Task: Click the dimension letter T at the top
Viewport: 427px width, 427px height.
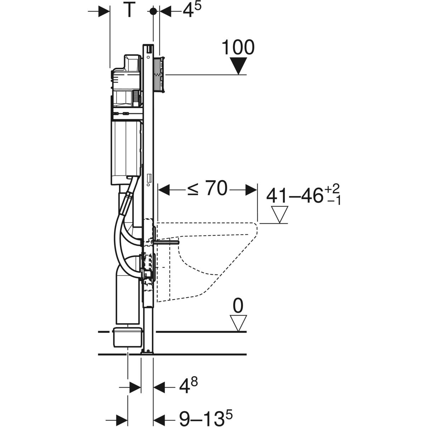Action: [128, 10]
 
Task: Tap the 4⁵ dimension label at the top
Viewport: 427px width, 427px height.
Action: [192, 10]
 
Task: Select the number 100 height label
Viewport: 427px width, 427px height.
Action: [238, 47]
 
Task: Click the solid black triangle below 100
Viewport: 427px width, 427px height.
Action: [238, 66]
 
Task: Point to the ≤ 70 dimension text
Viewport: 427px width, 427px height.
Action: [207, 188]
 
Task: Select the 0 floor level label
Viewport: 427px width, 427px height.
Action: [238, 306]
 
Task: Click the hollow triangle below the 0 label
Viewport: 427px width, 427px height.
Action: [238, 323]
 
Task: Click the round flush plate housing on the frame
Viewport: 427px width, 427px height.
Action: [159, 75]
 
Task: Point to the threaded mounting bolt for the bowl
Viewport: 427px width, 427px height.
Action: [166, 243]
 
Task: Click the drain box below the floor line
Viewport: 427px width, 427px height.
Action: [127, 340]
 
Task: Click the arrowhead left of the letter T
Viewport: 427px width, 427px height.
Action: [104, 11]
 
